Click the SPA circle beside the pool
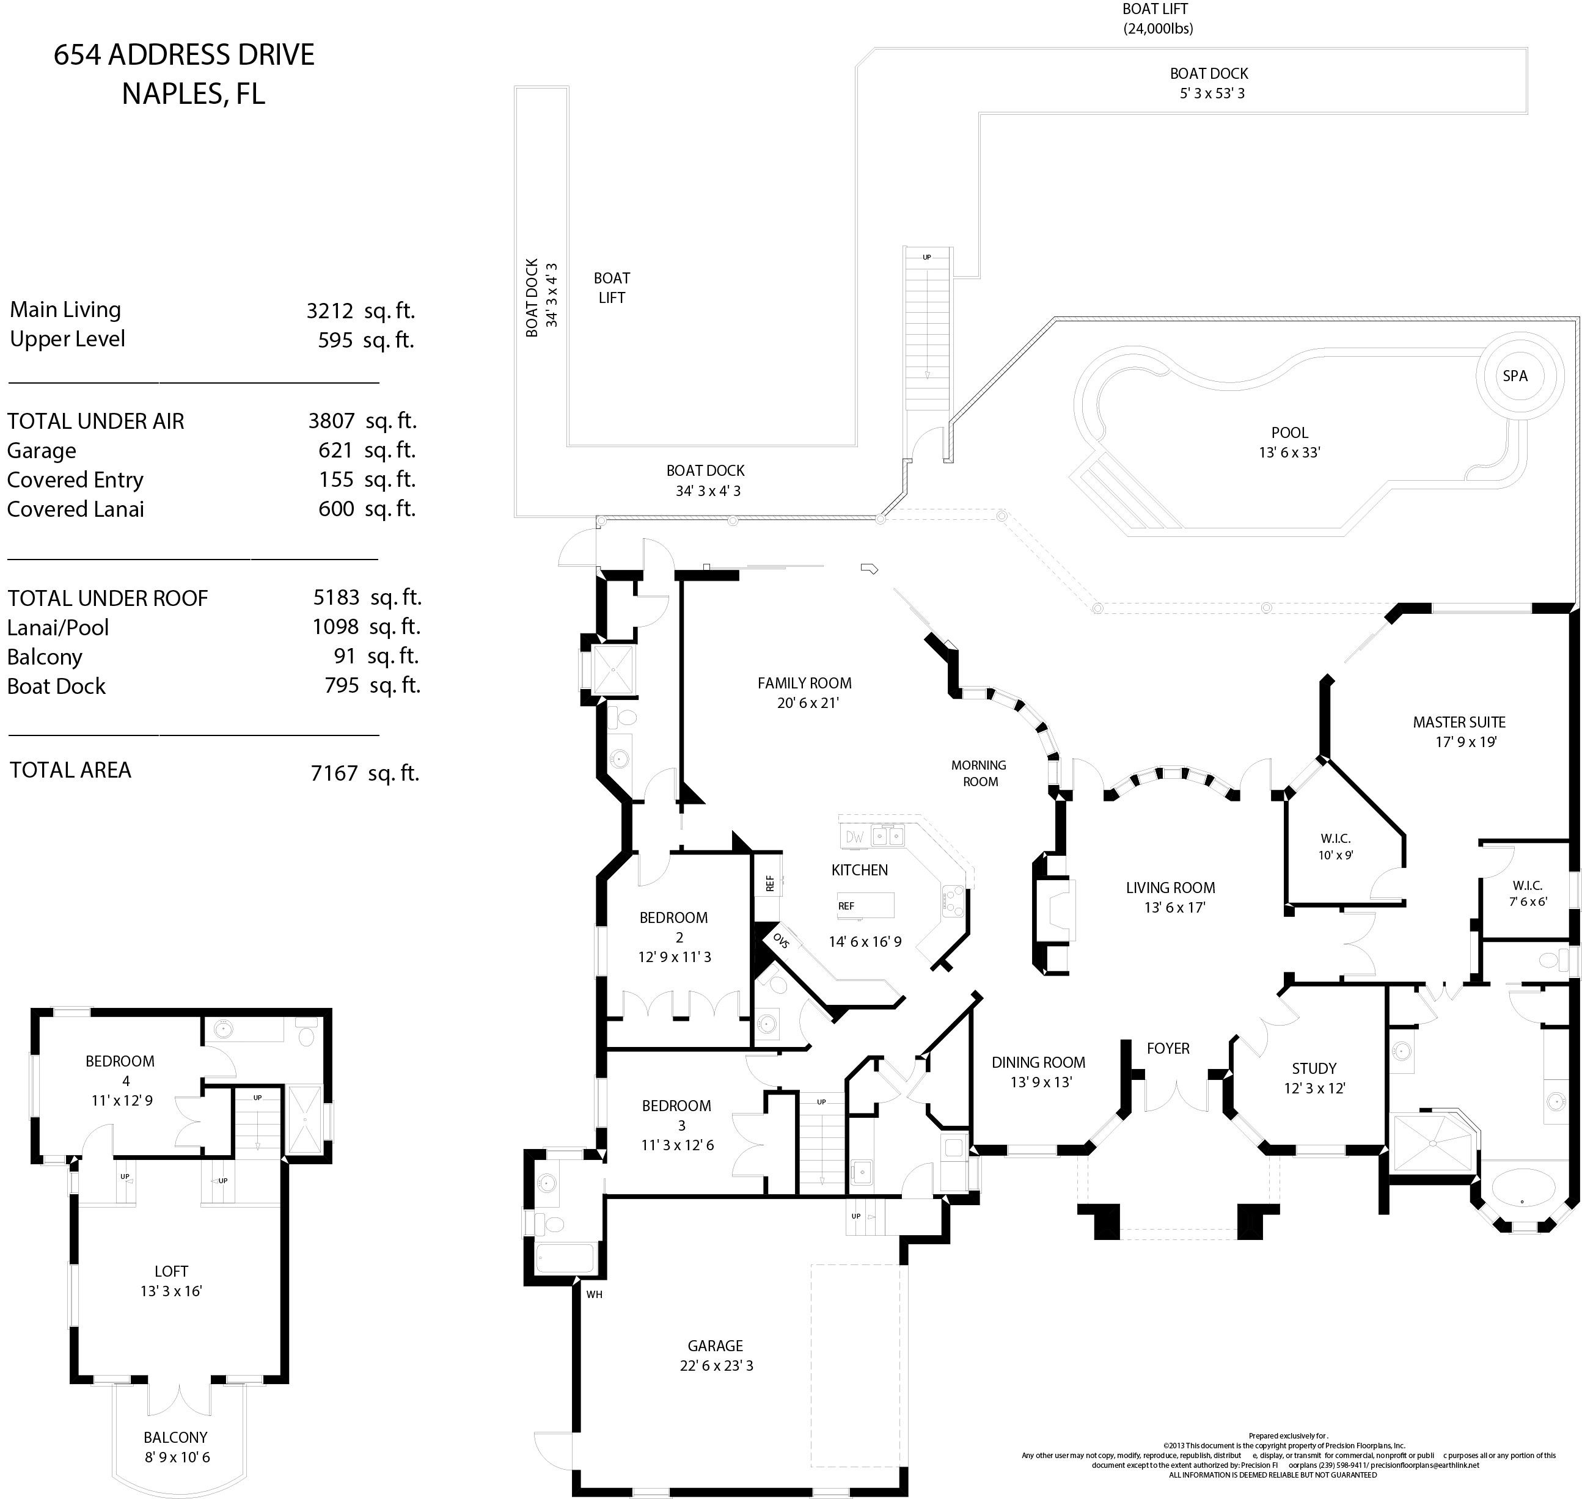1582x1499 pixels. coord(1514,376)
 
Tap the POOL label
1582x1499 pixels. coord(1289,433)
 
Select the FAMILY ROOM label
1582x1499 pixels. coord(804,683)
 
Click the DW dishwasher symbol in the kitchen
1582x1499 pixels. coord(854,837)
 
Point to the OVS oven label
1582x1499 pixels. coord(780,941)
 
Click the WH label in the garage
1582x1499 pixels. coord(594,1294)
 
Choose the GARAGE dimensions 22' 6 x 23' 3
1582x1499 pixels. coord(716,1366)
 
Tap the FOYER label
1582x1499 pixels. coord(1168,1048)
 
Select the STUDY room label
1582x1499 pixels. coord(1313,1068)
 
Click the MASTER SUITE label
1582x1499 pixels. coord(1459,723)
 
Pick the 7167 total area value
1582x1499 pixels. coord(334,773)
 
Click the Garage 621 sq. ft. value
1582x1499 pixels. coord(335,451)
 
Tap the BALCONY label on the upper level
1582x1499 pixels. coord(176,1437)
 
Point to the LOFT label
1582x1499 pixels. coord(171,1271)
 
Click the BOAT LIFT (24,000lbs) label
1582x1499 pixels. coord(1156,18)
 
